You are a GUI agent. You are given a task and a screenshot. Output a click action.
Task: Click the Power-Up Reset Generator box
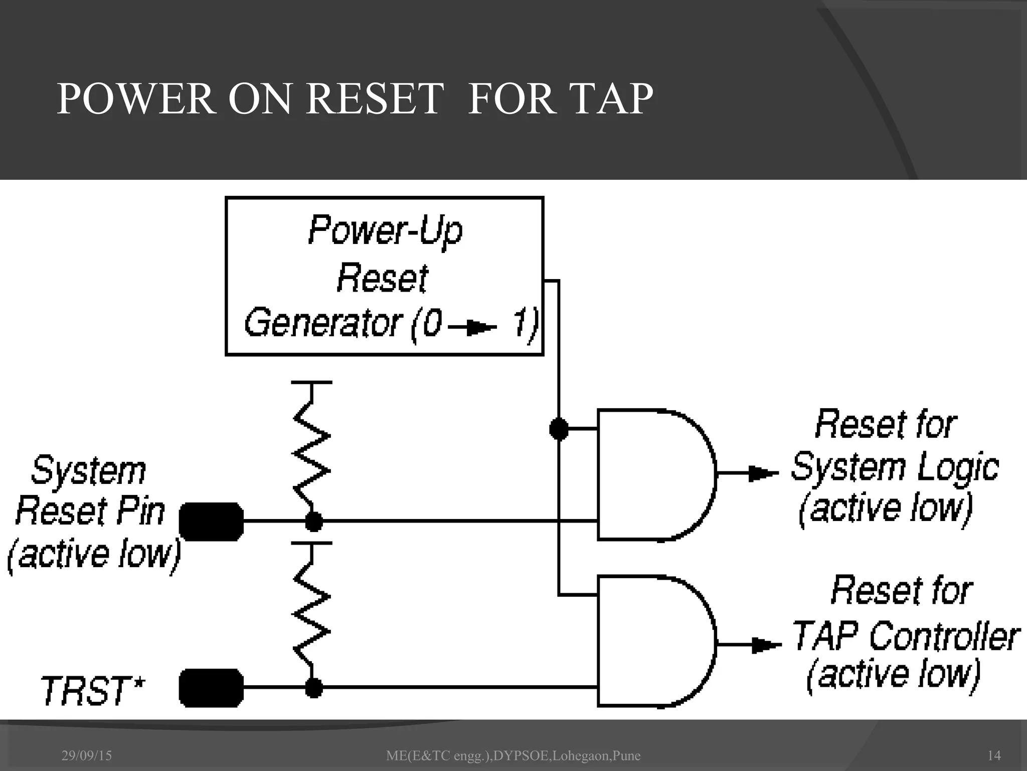[384, 276]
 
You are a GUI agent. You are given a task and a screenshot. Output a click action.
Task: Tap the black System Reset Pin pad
[211, 522]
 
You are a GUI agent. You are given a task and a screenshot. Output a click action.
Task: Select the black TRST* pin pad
[211, 688]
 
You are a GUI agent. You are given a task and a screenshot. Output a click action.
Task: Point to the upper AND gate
[652, 474]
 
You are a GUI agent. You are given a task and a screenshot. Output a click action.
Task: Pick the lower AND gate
[652, 641]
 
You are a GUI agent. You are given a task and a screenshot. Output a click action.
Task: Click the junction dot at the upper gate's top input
[559, 429]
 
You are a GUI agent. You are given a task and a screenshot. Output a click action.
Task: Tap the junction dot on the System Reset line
[314, 522]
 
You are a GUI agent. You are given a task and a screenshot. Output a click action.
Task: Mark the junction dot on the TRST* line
[314, 688]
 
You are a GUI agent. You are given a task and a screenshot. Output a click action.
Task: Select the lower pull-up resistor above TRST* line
[311, 615]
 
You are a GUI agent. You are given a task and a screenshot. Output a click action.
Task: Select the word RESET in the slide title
[375, 99]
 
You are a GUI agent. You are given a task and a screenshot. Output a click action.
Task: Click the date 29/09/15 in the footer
[87, 755]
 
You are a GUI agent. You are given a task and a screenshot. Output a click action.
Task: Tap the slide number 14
[993, 755]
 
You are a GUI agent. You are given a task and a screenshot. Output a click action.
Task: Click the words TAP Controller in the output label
[905, 636]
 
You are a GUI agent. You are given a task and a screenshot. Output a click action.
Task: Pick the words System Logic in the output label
[895, 467]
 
